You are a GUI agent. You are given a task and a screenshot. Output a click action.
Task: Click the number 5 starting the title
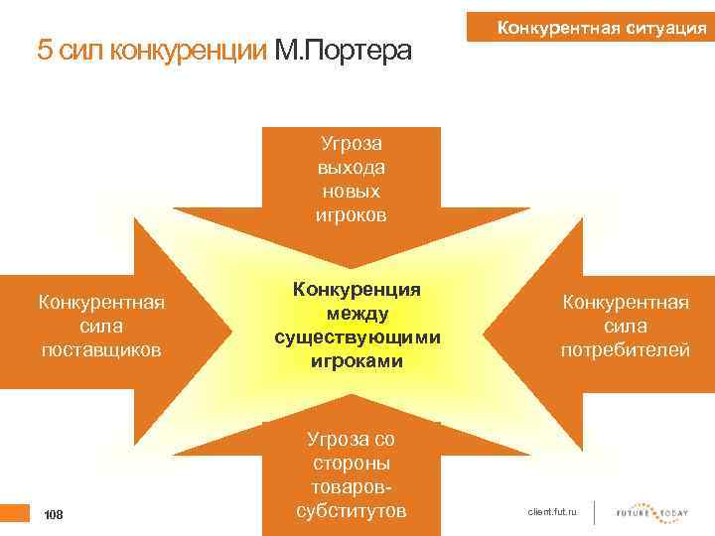(x=43, y=50)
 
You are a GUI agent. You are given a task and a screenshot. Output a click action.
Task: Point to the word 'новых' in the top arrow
(x=352, y=191)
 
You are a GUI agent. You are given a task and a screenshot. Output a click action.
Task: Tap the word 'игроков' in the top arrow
(x=352, y=214)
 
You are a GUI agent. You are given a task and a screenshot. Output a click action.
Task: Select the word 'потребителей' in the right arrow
(x=625, y=350)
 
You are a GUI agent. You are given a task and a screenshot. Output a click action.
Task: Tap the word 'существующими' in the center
(x=357, y=337)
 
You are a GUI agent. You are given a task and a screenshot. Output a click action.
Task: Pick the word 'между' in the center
(x=357, y=313)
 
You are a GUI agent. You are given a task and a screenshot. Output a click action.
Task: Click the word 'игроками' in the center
(x=357, y=361)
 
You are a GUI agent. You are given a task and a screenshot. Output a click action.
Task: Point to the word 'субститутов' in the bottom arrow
(x=352, y=511)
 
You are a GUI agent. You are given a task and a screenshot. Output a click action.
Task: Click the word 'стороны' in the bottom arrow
(x=352, y=464)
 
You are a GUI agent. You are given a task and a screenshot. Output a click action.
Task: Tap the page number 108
(x=54, y=514)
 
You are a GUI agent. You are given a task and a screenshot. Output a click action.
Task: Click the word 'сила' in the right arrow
(x=625, y=326)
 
